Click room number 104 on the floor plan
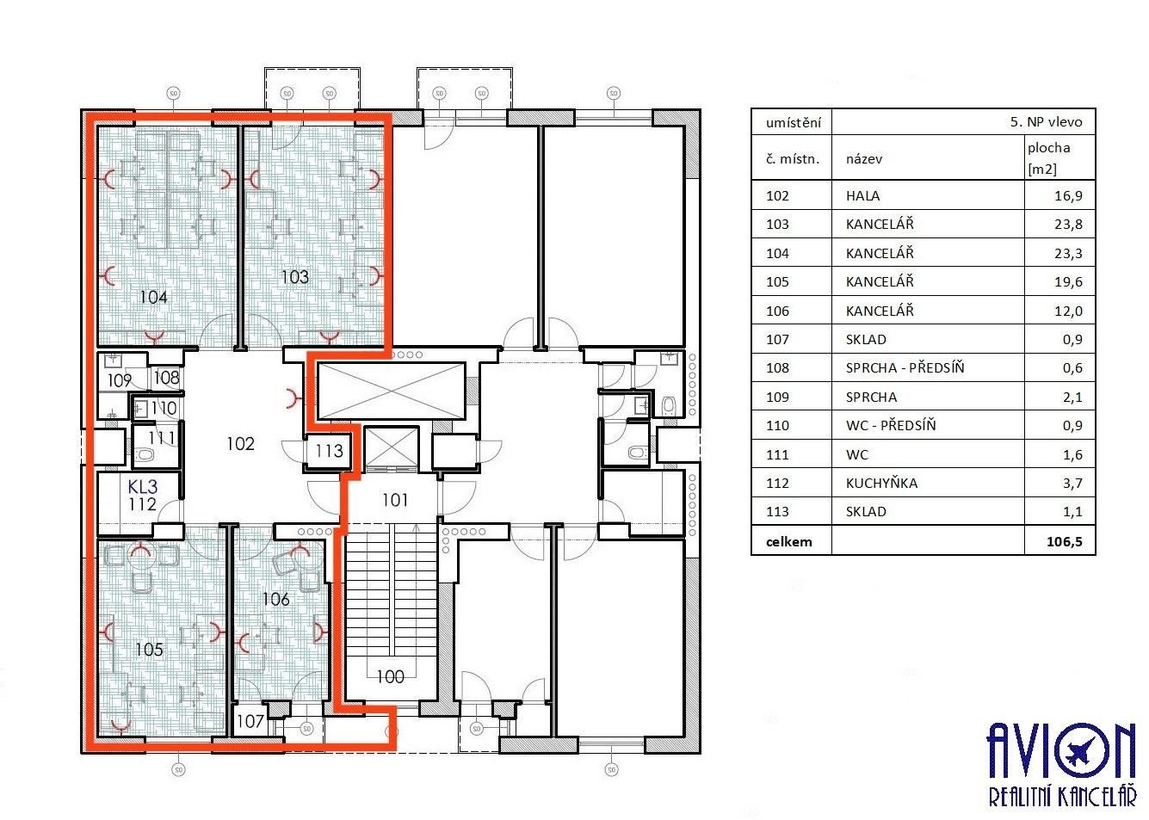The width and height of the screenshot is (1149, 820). coord(153,297)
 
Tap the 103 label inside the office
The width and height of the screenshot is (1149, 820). coord(294,276)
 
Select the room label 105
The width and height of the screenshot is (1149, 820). coord(149,649)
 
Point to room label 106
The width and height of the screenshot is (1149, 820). coord(275,599)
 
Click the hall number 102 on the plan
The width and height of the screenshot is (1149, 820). coord(240,443)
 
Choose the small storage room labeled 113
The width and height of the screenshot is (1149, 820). coord(329,450)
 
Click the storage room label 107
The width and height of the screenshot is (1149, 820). coord(250,721)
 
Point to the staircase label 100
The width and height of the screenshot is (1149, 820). coord(390,676)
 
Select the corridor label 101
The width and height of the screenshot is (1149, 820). coord(394,500)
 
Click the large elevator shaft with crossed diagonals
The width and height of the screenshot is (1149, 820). coord(391,392)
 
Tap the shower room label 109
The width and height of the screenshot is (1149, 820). coord(120,380)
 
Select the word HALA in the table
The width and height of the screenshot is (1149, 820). coord(862,195)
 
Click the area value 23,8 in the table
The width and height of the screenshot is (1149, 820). coord(1068,224)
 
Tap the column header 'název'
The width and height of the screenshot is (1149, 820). coord(863,158)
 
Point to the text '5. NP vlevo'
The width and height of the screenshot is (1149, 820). coord(1046,122)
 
